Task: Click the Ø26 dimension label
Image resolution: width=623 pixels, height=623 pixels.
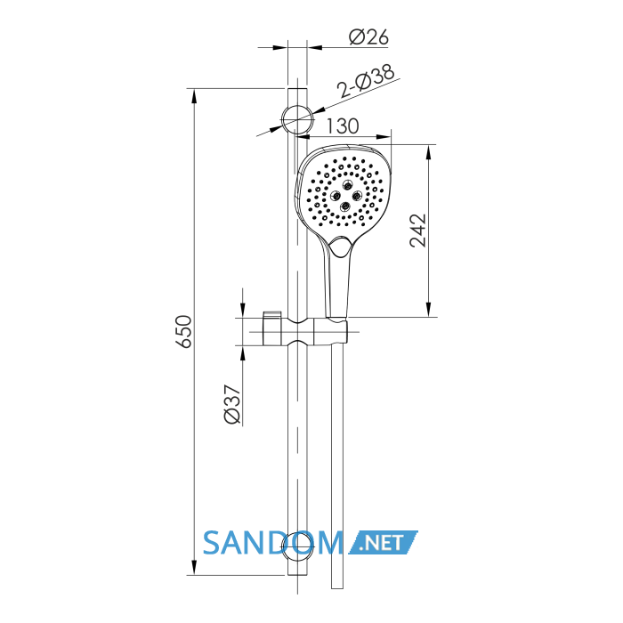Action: coord(368,37)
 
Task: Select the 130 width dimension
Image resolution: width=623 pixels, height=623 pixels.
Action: coord(343,126)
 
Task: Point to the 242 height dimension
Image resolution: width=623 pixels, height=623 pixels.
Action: coord(418,231)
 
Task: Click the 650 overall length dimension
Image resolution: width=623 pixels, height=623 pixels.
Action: coord(184,332)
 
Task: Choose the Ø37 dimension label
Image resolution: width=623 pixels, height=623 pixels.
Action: coord(233,404)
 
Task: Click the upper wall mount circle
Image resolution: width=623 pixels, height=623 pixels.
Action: coord(297,119)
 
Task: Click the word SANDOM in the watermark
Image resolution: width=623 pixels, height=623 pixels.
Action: coord(273,543)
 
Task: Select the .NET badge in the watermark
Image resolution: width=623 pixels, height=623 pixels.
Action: coord(383,542)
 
